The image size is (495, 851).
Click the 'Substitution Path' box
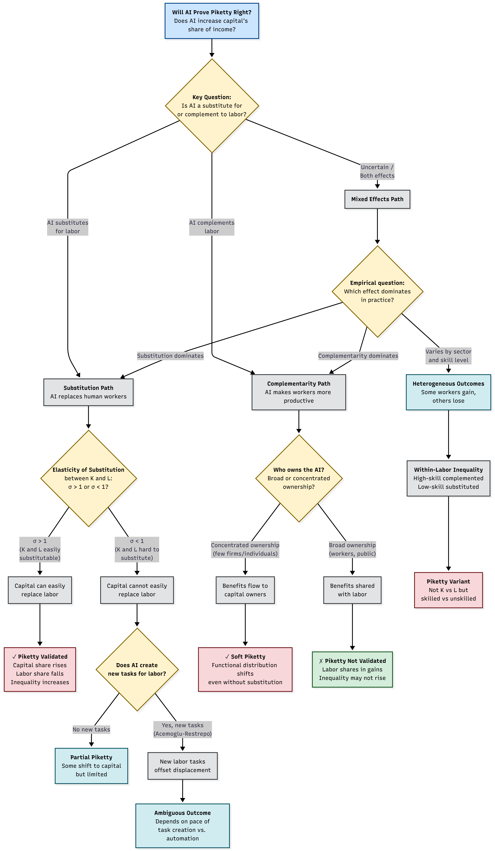[x=88, y=392]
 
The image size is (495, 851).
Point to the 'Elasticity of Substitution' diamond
[x=88, y=478]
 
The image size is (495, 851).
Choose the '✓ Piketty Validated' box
[x=40, y=669]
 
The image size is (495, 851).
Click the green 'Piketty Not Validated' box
[x=352, y=669]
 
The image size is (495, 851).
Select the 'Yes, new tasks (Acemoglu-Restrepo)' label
[x=183, y=729]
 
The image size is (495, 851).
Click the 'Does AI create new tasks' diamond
[x=137, y=669]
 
